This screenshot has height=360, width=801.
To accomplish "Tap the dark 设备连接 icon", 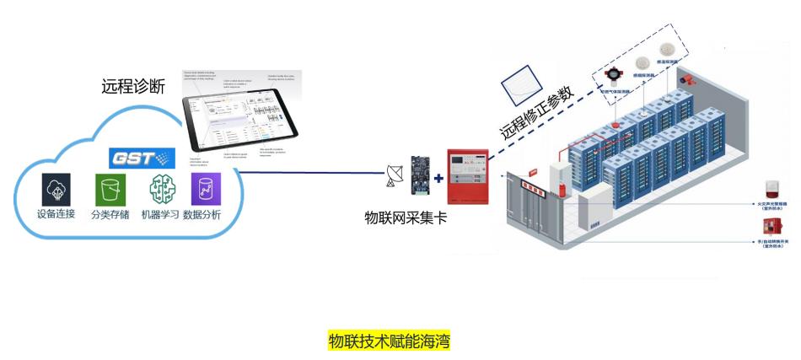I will pos(56,188).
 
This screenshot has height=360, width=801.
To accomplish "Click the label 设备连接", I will pos(57,215).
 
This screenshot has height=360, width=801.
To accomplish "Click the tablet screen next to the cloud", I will pos(240,115).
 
